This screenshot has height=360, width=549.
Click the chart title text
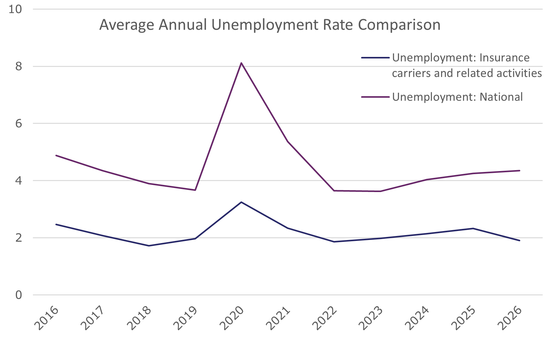click(270, 25)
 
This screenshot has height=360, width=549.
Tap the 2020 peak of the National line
click(241, 63)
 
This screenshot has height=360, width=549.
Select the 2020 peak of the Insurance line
click(241, 202)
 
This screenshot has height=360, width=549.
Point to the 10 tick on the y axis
click(15, 9)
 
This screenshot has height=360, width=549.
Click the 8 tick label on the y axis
click(19, 66)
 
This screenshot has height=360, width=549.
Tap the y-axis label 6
click(19, 123)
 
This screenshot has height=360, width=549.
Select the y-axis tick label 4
click(19, 181)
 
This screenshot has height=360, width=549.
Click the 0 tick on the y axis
click(19, 295)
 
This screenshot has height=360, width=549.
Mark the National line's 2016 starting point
click(56, 155)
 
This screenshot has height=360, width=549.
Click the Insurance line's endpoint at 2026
click(519, 241)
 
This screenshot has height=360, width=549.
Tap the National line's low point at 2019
click(195, 190)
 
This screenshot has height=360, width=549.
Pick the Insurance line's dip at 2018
click(149, 246)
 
